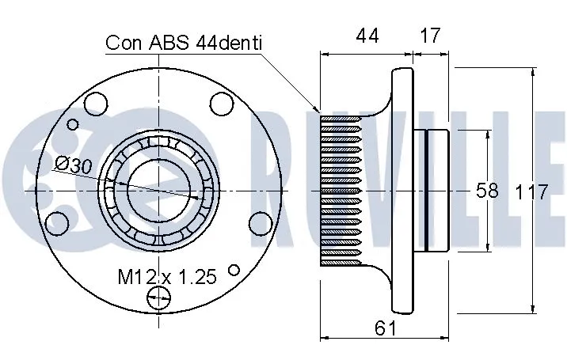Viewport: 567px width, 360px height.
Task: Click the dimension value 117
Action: coord(532,191)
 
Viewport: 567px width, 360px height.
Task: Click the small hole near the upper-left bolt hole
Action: coord(74,124)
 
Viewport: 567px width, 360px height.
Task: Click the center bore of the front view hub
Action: coord(158,191)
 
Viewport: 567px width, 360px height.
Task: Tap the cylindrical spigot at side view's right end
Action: coord(437,191)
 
